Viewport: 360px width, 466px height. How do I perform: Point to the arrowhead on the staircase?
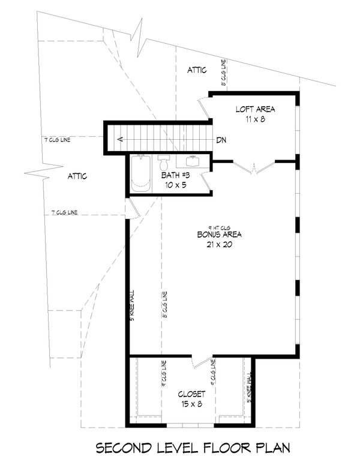121,140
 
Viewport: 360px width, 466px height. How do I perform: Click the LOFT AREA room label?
255,109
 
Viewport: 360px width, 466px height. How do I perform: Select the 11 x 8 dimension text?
255,119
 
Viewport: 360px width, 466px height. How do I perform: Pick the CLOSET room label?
192,394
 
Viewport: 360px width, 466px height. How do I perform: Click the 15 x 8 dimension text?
192,404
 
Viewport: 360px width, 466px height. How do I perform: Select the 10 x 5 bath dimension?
176,185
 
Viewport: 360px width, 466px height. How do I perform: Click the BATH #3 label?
176,176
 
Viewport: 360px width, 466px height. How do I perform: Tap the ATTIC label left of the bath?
77,176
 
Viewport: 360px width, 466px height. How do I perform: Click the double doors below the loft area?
255,168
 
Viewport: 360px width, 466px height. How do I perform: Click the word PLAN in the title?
270,448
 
